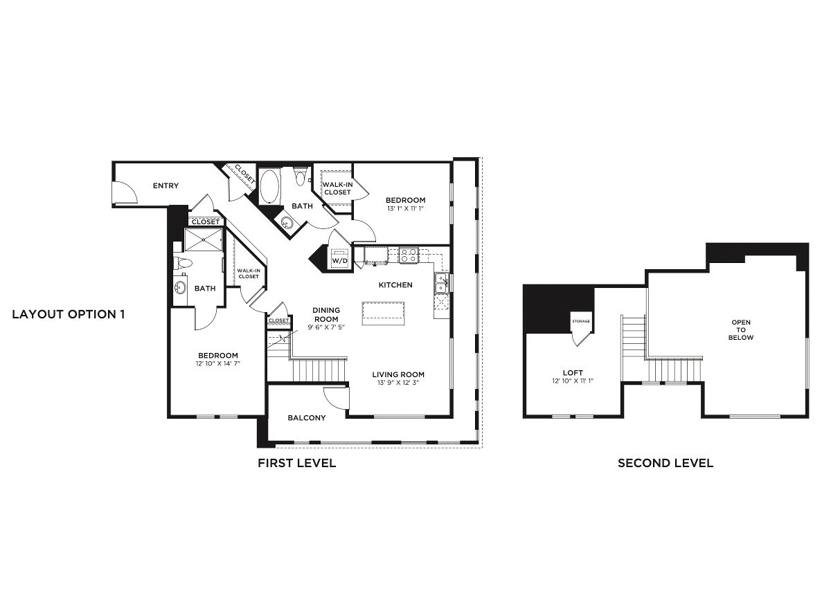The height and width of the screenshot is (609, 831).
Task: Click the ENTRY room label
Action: click(x=166, y=185)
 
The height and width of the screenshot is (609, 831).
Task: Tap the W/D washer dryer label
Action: click(x=339, y=261)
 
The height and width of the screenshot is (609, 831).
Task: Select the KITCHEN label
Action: click(x=395, y=284)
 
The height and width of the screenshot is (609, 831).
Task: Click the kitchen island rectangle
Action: click(x=384, y=313)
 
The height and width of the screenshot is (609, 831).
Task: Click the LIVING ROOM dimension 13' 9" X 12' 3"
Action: click(x=397, y=382)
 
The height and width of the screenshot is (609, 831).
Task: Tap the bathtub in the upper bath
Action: click(x=269, y=185)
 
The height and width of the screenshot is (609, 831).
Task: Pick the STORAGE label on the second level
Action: click(x=580, y=322)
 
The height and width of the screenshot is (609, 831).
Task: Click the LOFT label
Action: click(x=573, y=373)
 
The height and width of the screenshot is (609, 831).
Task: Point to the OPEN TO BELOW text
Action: click(x=741, y=329)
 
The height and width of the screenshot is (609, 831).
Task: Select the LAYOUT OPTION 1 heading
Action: click(x=69, y=314)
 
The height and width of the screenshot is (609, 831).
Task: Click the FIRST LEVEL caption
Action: click(x=296, y=463)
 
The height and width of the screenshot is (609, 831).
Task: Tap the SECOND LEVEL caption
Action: click(x=665, y=463)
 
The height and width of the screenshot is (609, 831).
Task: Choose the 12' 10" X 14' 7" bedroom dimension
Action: click(x=218, y=363)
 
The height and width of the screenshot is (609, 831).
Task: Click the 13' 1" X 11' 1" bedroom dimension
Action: click(x=405, y=208)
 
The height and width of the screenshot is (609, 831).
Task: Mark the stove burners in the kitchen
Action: click(x=409, y=255)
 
